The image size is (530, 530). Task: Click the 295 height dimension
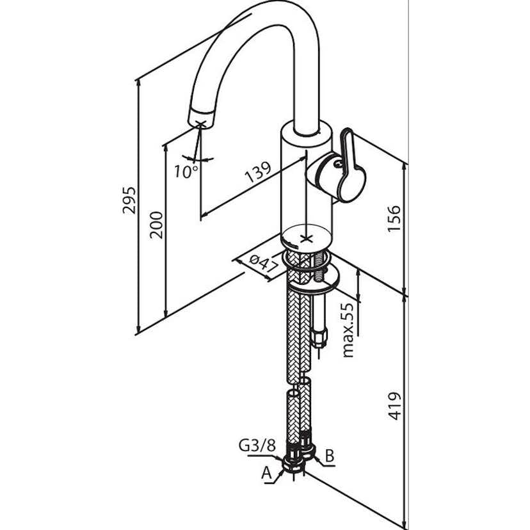pyautogui.click(x=130, y=202)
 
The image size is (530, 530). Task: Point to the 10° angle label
pyautogui.click(x=186, y=171)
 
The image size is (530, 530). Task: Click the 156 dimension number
pyautogui.click(x=394, y=219)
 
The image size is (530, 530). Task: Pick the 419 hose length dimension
pyautogui.click(x=395, y=405)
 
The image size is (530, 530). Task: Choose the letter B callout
pyautogui.click(x=330, y=456)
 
